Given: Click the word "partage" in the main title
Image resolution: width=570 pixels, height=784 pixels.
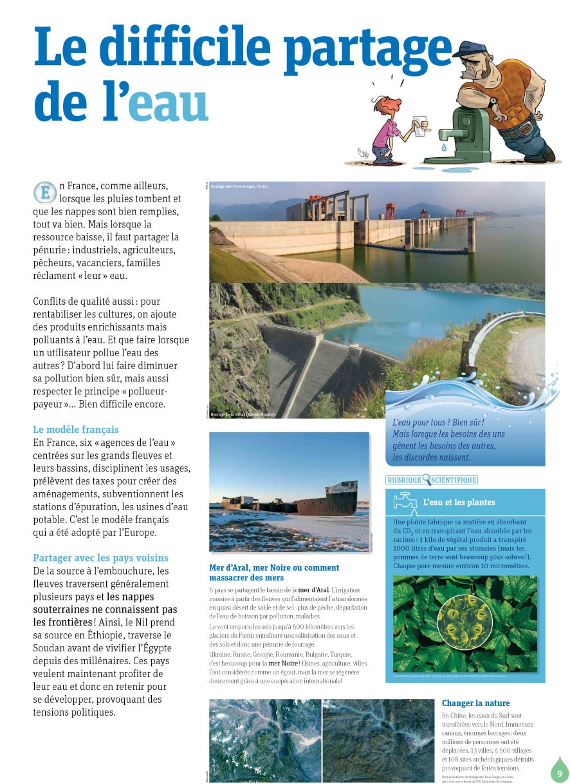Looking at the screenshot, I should tap(367, 48).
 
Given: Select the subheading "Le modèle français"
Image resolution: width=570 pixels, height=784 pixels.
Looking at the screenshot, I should tap(76, 430).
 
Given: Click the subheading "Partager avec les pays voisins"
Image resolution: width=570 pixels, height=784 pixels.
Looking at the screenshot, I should tap(100, 558).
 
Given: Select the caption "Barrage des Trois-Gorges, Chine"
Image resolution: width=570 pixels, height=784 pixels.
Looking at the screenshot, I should tap(239, 186).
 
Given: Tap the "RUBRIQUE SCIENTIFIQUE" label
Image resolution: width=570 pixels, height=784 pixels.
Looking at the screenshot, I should tap(432, 480).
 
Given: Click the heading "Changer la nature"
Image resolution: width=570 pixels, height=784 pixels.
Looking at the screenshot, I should tap(475, 703).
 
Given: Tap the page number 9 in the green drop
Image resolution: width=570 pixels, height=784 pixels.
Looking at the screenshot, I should tap(560, 773).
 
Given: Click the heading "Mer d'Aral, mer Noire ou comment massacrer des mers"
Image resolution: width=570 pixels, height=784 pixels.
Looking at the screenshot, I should tap(274, 573).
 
